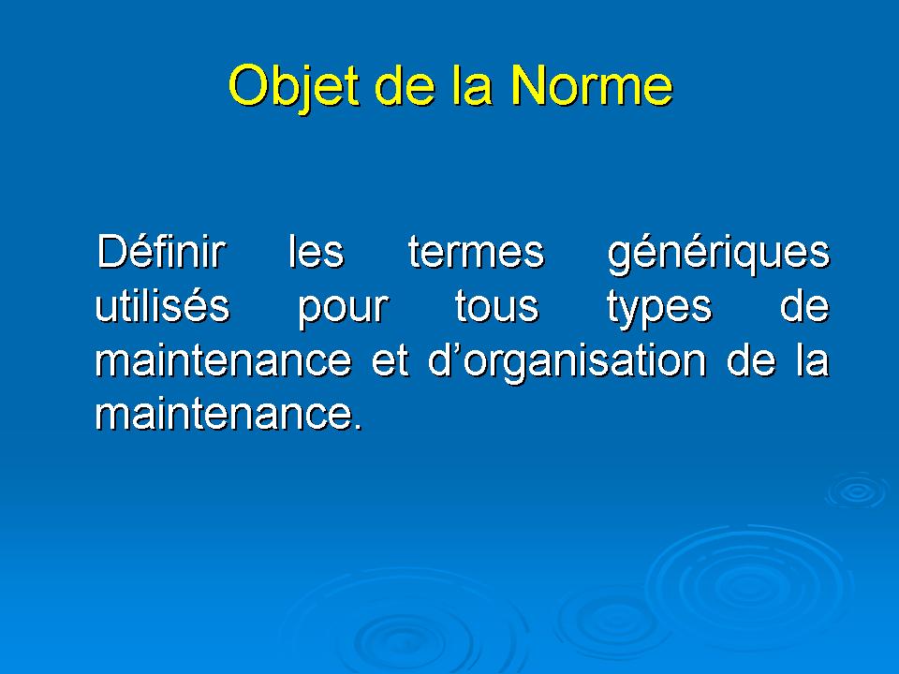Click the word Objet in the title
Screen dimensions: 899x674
click(x=293, y=87)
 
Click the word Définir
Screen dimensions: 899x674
click(x=160, y=251)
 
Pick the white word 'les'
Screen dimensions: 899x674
click(x=316, y=251)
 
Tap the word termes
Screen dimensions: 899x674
click(x=476, y=252)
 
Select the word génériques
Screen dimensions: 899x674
click(x=718, y=255)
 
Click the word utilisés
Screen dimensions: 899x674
click(x=162, y=305)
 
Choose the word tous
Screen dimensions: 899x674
click(x=496, y=306)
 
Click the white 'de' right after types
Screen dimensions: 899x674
click(x=804, y=305)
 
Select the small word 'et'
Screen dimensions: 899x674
click(x=390, y=360)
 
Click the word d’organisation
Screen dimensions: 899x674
click(x=567, y=363)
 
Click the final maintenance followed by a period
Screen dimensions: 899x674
click(x=228, y=413)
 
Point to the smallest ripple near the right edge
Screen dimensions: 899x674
click(x=858, y=491)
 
